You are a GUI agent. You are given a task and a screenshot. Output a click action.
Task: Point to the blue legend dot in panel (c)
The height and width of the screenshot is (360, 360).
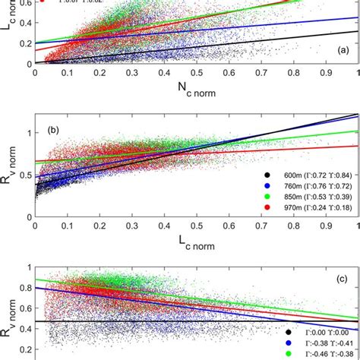tap(289, 343)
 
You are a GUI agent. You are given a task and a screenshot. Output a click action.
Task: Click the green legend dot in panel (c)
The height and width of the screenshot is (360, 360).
tap(289, 353)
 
